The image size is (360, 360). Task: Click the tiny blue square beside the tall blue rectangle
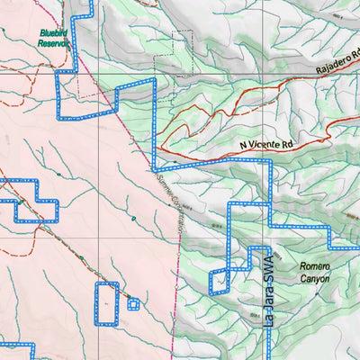[x=133, y=304]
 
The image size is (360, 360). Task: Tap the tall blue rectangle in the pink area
[x=106, y=303]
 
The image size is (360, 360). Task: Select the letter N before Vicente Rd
[x=243, y=145]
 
